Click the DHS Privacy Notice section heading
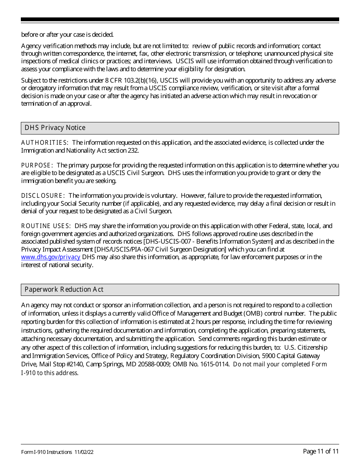[x=55, y=128]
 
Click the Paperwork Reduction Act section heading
[x=64, y=290]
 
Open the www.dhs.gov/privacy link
[x=51, y=257]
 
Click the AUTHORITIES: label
[x=45, y=143]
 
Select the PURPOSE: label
[x=37, y=166]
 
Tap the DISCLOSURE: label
[x=43, y=196]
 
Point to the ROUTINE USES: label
[x=46, y=226]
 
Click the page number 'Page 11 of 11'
[x=321, y=451]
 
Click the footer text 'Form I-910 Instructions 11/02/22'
[x=58, y=452]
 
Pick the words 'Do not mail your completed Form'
[x=280, y=364]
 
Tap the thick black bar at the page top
[x=180, y=19]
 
